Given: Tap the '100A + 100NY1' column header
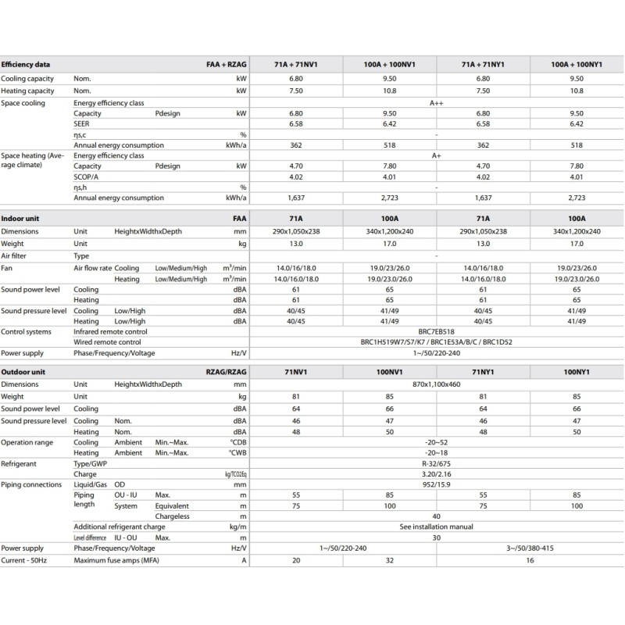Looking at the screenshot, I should (x=577, y=65).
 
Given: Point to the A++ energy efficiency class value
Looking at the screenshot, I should (x=436, y=103).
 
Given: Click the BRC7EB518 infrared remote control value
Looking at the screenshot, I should (x=436, y=332).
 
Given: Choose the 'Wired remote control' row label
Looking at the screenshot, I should (x=107, y=342).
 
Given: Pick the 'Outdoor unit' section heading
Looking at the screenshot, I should (x=24, y=373).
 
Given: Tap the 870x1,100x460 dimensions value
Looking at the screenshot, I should (x=436, y=384).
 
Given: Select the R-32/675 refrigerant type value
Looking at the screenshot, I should (x=436, y=463).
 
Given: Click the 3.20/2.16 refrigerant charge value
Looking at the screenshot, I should (x=436, y=473).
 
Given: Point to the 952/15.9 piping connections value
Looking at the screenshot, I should (x=436, y=484).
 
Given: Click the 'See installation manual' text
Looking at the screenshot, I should (x=436, y=527).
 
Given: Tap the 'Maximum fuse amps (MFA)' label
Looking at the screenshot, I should (x=118, y=559).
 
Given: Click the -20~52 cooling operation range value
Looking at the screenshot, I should (x=436, y=442).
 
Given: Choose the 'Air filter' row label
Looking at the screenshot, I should (x=16, y=255).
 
